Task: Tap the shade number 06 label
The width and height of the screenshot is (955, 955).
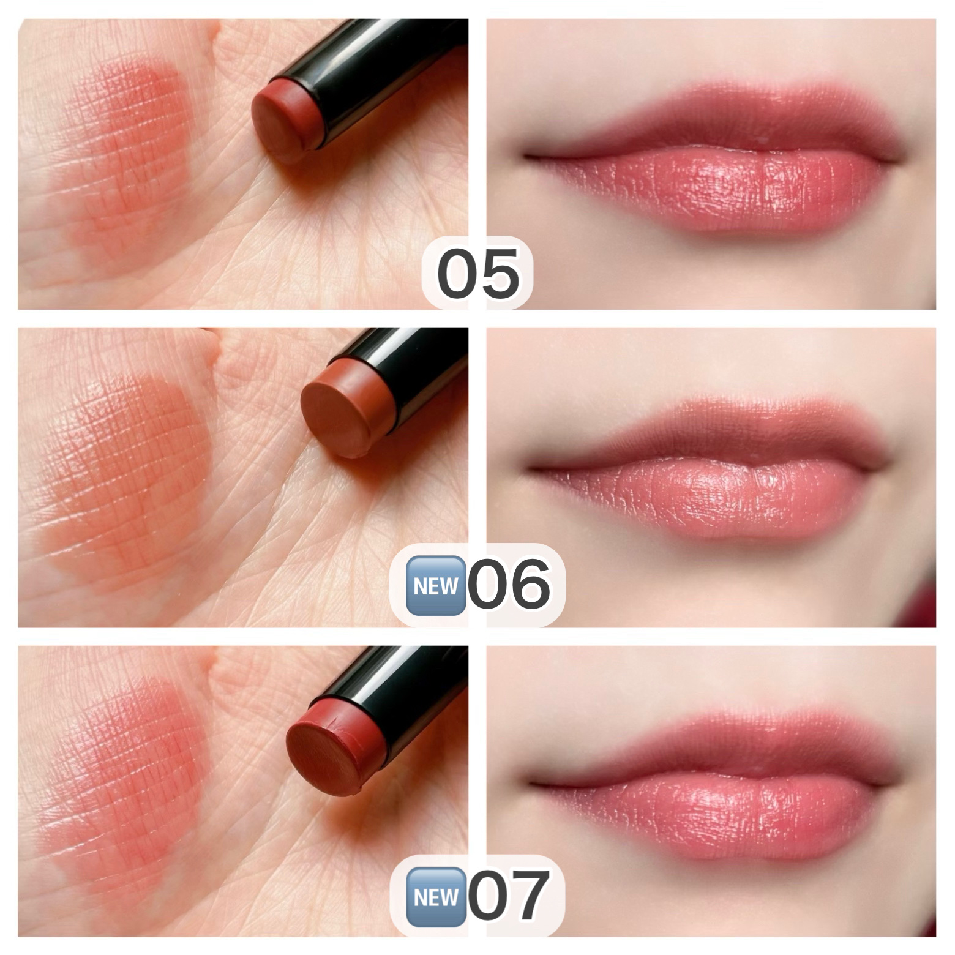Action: coord(509,585)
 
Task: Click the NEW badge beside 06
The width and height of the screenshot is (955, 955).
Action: coord(435,586)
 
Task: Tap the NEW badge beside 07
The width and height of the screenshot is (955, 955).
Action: coord(435,897)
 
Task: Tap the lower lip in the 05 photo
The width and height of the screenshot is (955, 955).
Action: coord(716,190)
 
